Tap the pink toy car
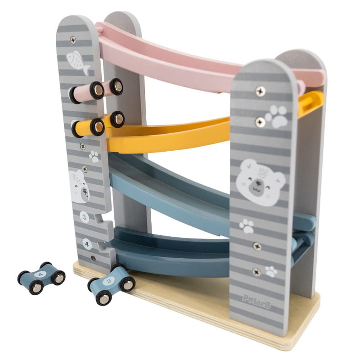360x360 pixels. [x=96, y=90]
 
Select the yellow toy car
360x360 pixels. [x=98, y=124]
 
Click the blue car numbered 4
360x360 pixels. [x=41, y=278]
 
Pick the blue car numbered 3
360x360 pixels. [x=111, y=284]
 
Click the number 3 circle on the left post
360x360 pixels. [x=84, y=217]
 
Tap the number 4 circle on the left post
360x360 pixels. [x=87, y=244]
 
